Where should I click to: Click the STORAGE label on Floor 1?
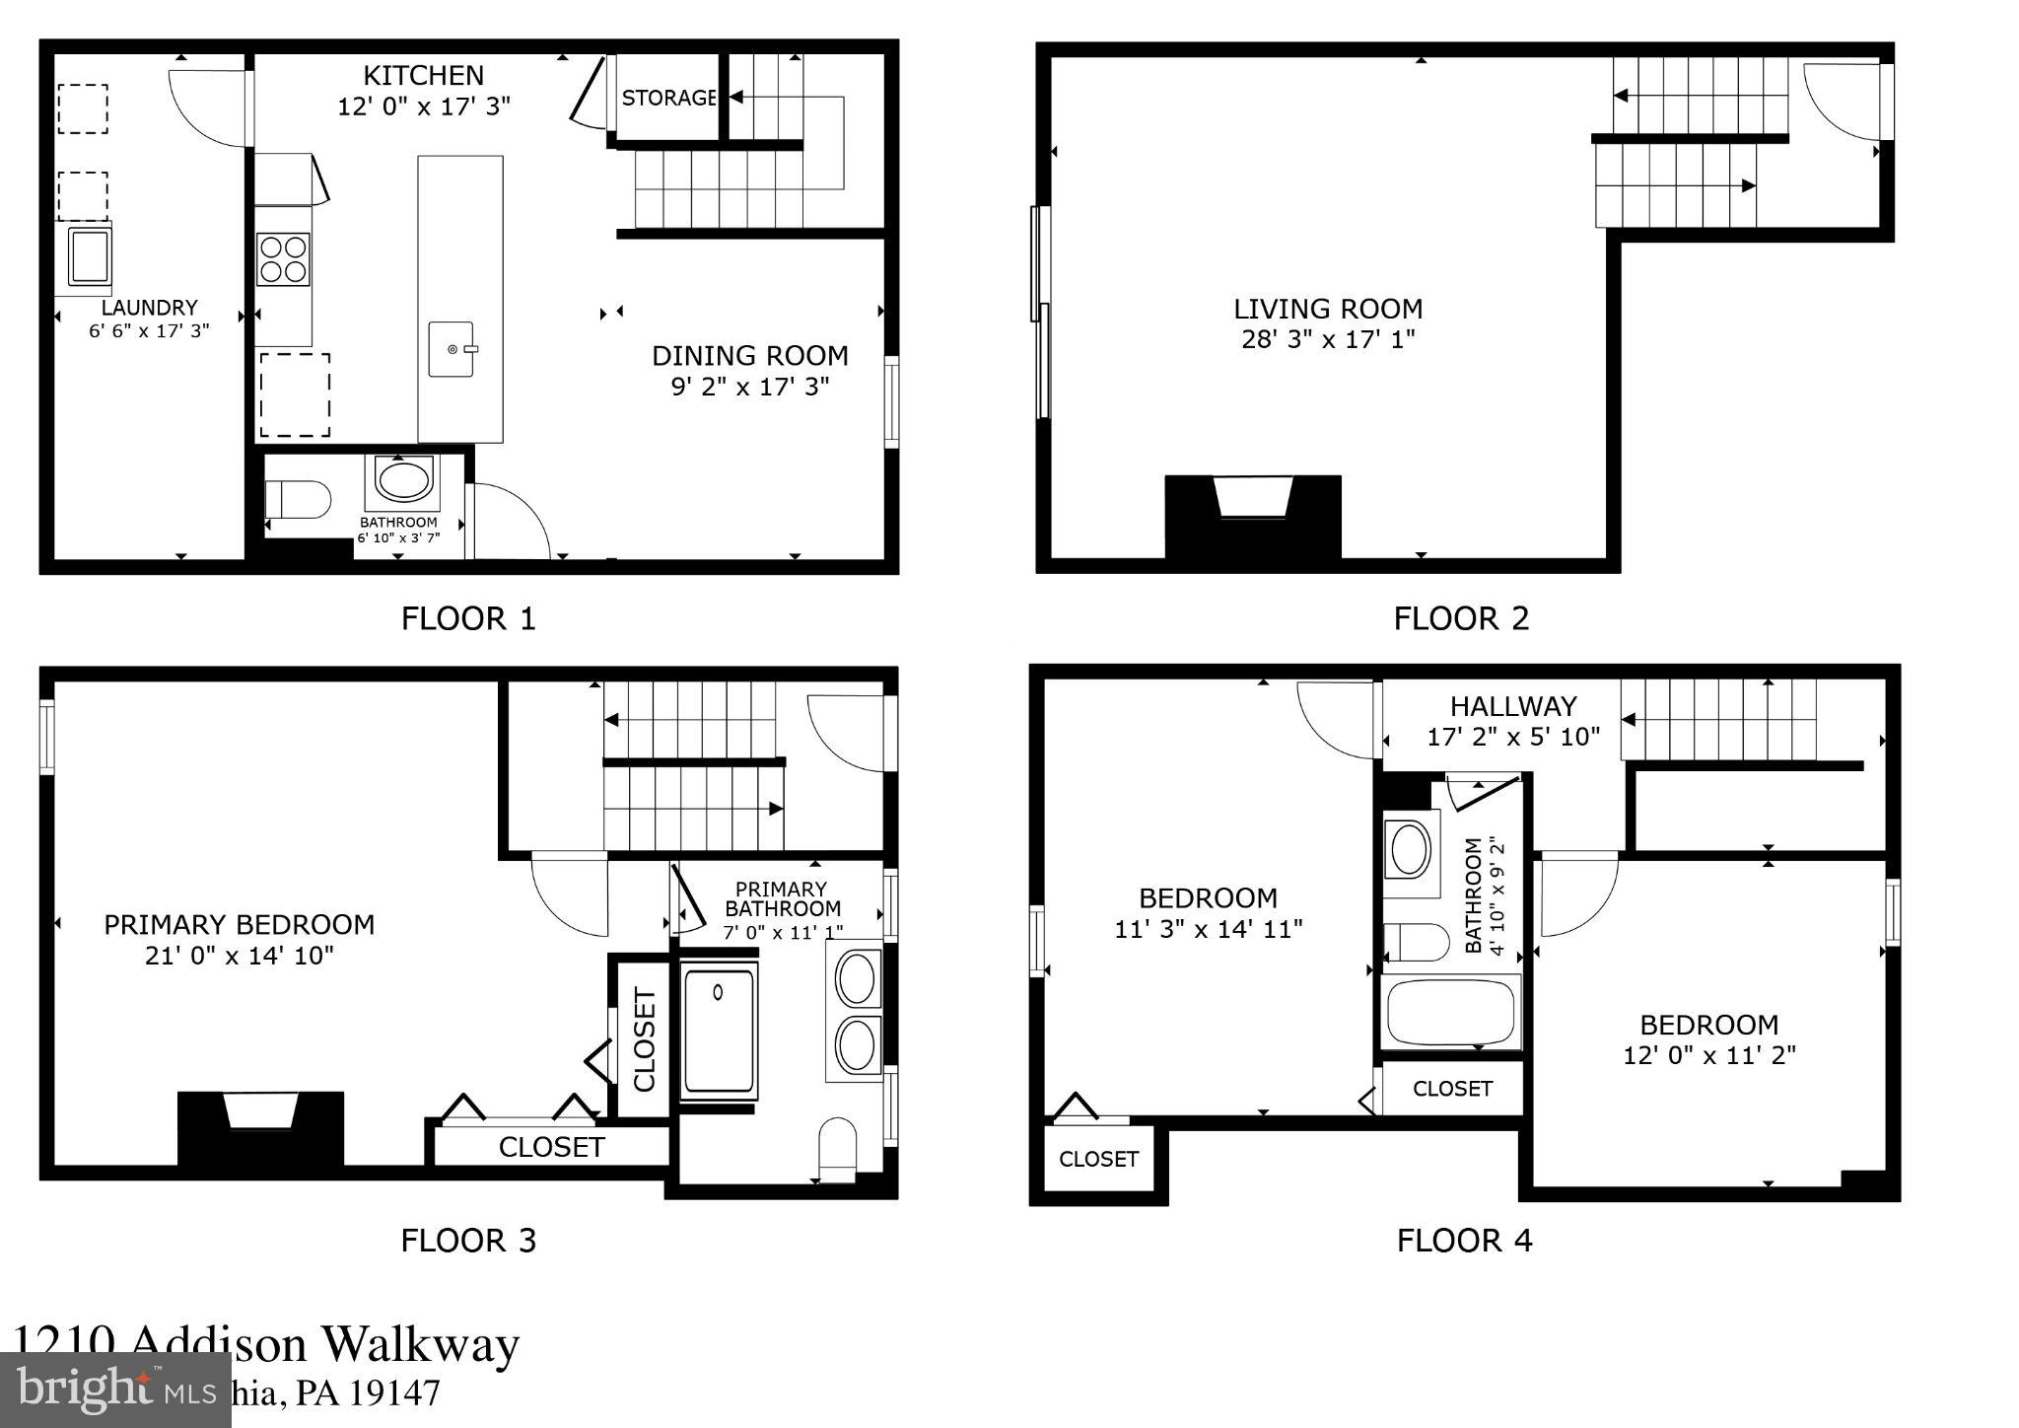tap(668, 98)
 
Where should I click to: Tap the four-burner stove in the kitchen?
tap(283, 258)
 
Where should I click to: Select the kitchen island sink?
tap(452, 349)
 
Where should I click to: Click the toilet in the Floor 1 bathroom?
tap(297, 500)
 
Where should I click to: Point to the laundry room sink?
tap(89, 255)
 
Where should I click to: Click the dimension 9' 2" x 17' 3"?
tap(750, 386)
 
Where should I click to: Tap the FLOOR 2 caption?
tap(1461, 618)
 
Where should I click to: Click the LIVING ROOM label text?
tap(1328, 309)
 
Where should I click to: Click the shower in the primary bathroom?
tap(719, 1031)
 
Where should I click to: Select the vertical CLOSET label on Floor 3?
tap(644, 1039)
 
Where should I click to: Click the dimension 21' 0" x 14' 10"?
tap(240, 955)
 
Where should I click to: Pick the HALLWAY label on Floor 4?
tap(1513, 706)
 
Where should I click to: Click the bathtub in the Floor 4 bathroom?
tap(1450, 1013)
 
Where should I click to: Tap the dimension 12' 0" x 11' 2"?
tap(1709, 1055)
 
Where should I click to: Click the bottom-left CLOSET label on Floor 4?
tap(1098, 1159)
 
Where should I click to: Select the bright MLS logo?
tap(115, 1390)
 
